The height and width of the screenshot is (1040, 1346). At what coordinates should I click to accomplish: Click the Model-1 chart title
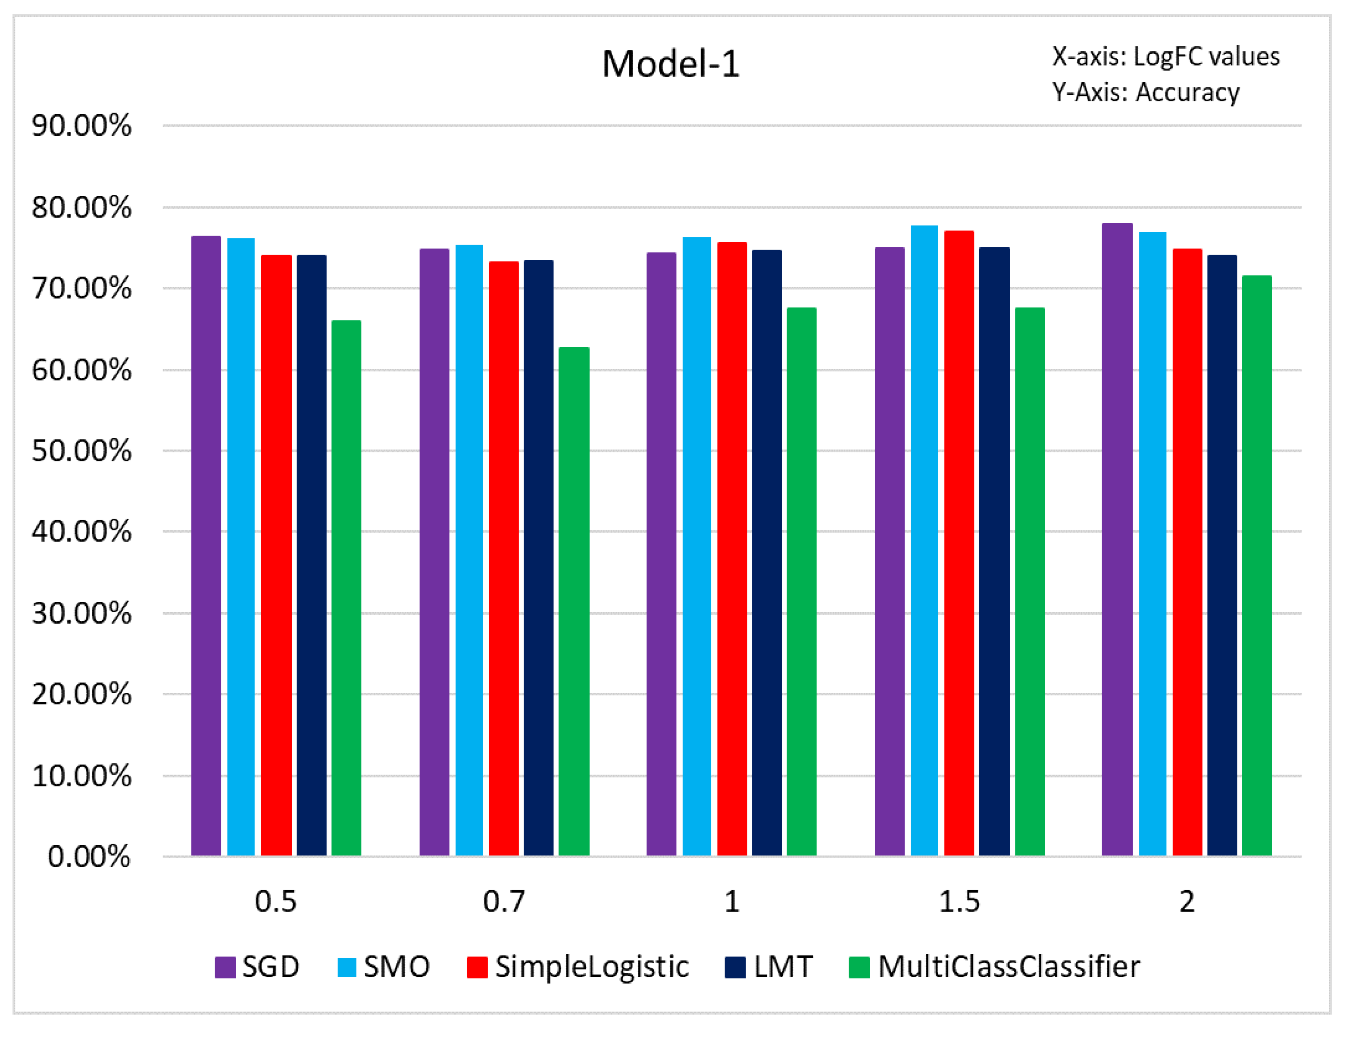click(x=671, y=64)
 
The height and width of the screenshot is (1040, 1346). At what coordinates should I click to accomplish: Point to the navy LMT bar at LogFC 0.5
click(x=311, y=554)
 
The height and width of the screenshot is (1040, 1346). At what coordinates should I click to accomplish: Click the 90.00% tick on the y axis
click(x=81, y=126)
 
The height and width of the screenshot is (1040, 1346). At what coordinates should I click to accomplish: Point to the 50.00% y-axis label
click(x=81, y=451)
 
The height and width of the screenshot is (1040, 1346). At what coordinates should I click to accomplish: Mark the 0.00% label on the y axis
click(x=89, y=856)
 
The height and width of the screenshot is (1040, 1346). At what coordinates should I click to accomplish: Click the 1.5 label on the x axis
click(x=959, y=902)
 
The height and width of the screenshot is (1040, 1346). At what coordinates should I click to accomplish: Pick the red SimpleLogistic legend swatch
click(x=477, y=967)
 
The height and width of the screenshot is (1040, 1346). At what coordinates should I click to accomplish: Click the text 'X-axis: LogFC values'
click(x=1165, y=57)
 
